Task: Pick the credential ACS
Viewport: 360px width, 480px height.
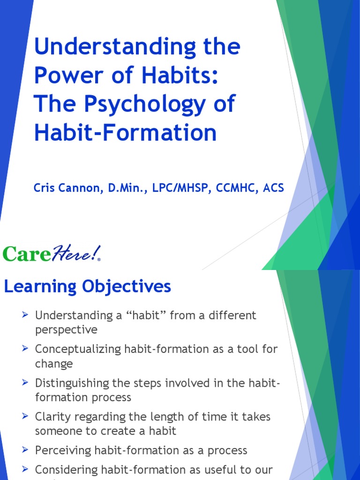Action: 273,188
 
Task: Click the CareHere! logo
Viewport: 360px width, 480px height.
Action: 52,254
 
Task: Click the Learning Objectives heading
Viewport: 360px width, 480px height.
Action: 88,286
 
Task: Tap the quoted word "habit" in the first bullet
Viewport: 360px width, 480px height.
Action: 147,315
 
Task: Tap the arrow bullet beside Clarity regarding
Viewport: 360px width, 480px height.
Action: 26,416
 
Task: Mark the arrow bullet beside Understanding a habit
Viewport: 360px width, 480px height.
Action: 26,315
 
